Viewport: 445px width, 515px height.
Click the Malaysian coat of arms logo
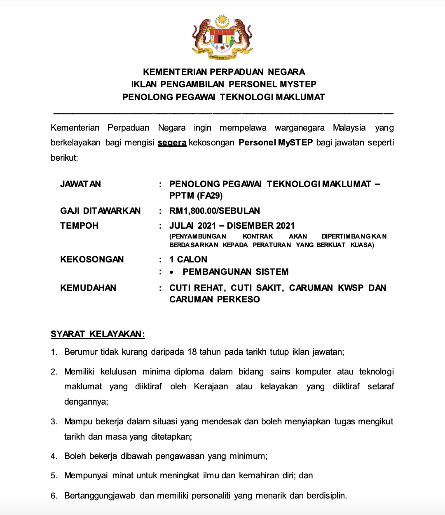coord(222,37)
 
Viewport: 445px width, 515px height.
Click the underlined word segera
coord(172,143)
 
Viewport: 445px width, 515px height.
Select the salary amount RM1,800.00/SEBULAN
coord(214,211)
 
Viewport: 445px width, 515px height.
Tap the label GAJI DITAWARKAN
coord(100,211)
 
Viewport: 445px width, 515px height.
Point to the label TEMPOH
coord(80,226)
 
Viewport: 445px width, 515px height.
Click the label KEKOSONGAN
coord(92,260)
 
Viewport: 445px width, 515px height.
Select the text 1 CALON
coord(188,260)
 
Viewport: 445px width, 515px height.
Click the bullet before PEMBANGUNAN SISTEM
coord(172,272)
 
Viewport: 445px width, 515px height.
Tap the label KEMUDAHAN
coord(88,288)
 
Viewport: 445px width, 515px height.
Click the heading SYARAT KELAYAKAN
coord(98,334)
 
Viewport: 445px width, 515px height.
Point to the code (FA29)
coord(209,196)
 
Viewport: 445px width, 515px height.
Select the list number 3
coord(54,421)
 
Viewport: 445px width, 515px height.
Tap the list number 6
coord(54,496)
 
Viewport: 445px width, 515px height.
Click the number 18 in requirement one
coord(192,352)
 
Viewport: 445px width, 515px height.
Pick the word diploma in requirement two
coord(189,372)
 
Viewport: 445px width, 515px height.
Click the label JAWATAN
coord(80,184)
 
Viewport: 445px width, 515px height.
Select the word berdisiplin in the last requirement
coord(326,496)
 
